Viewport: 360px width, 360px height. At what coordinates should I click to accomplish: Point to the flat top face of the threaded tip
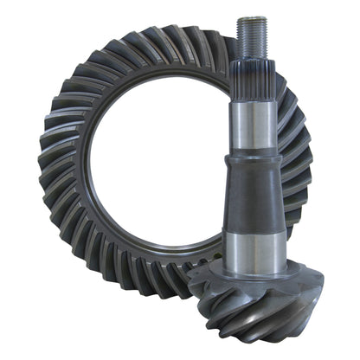tap(251, 19)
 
